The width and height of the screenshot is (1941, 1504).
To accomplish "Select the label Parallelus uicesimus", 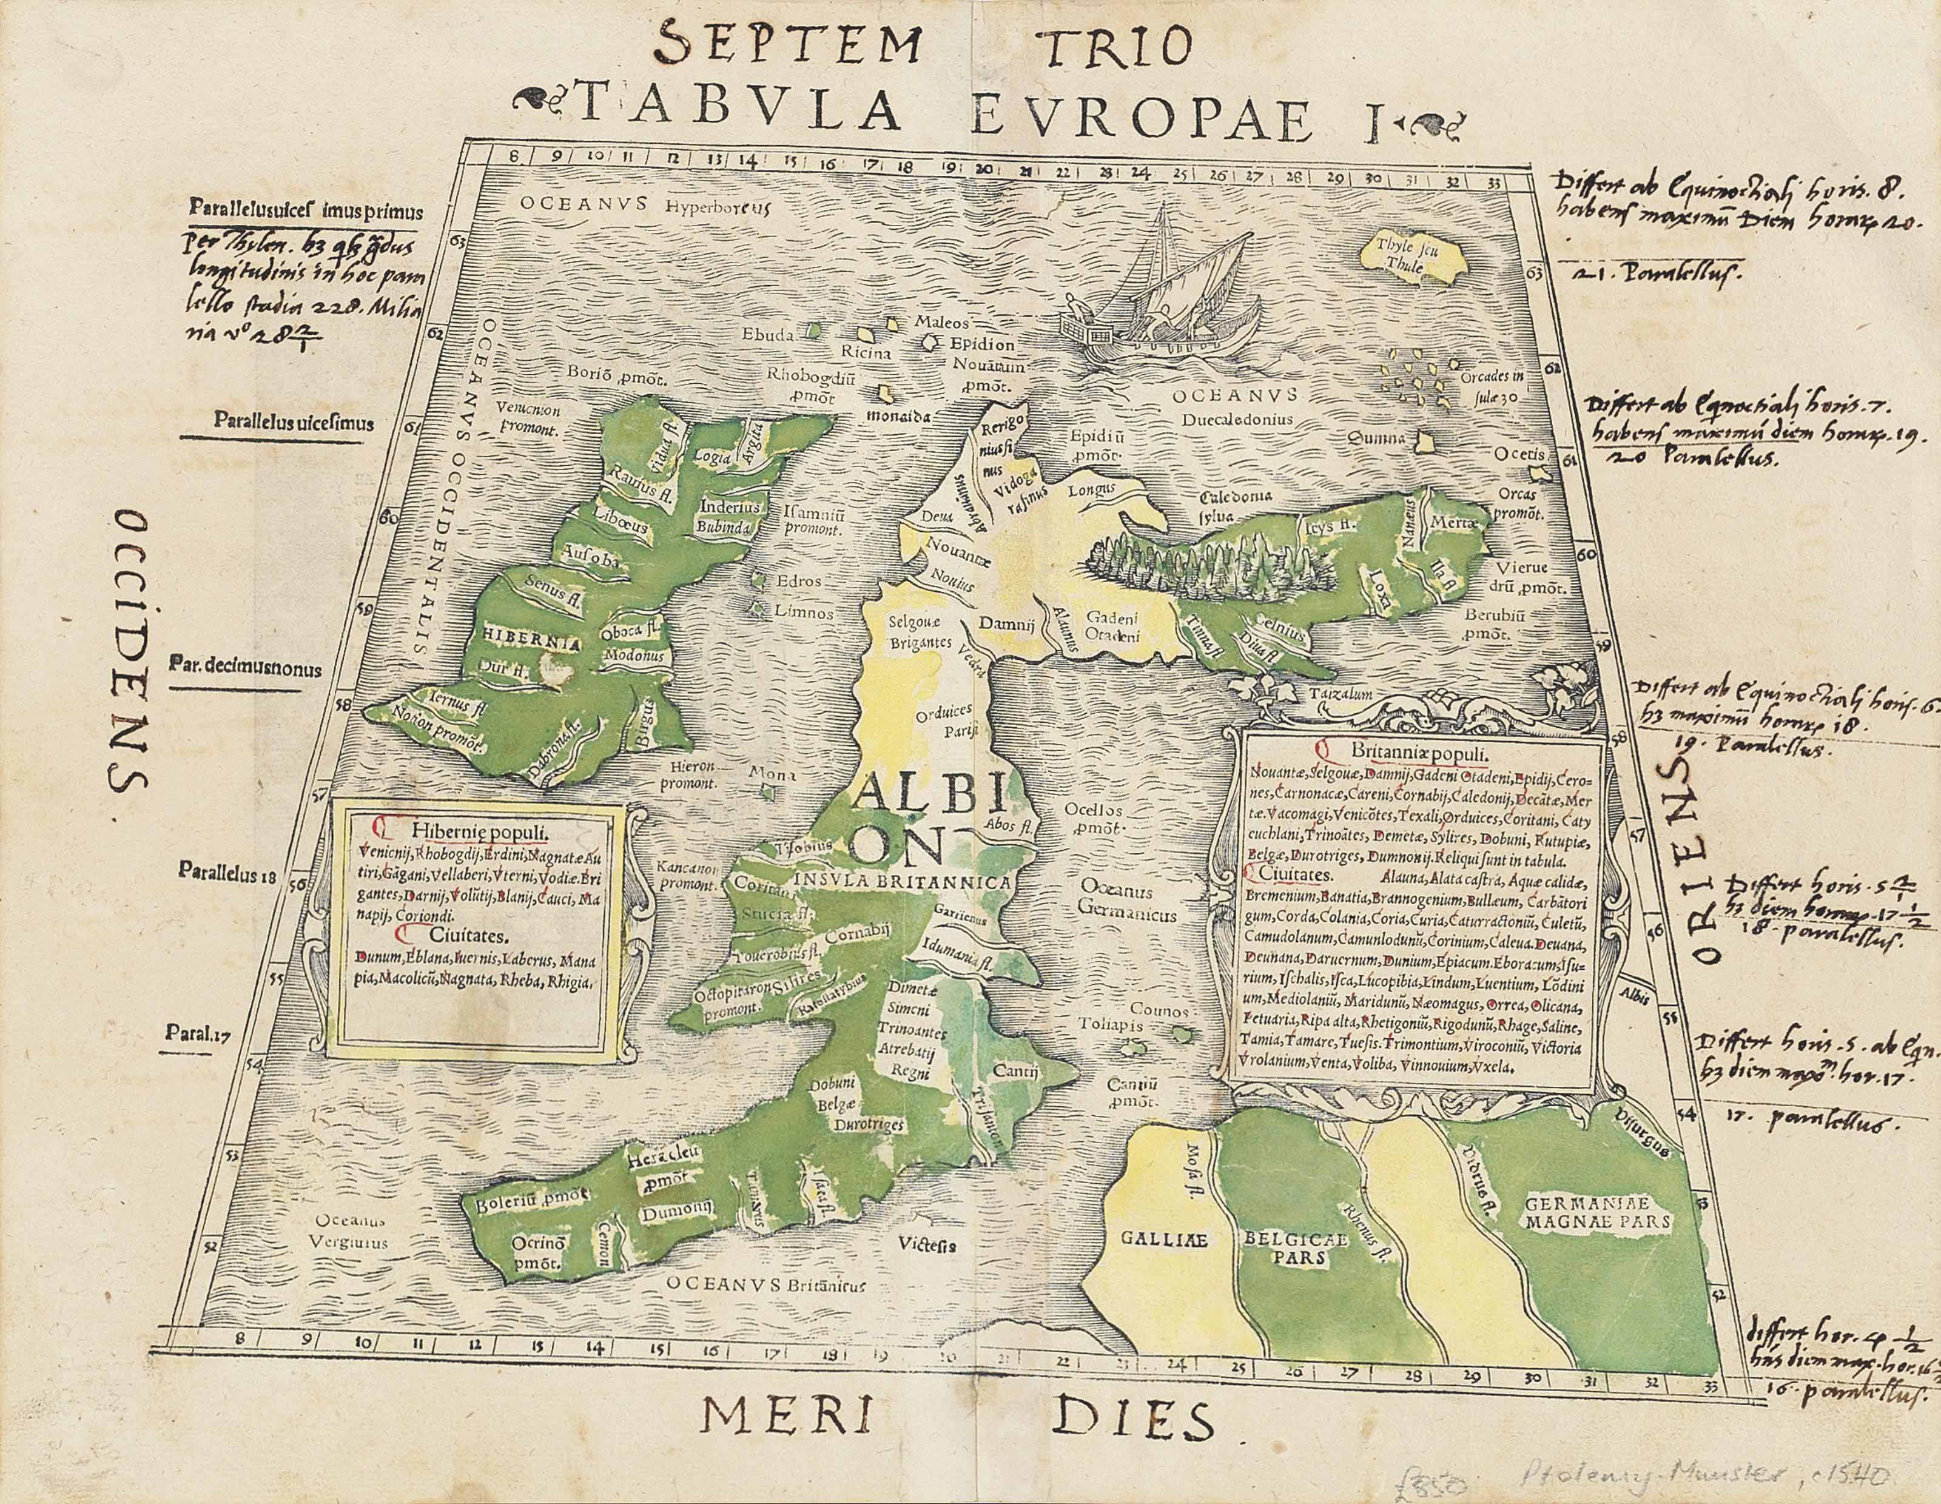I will click(292, 423).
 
